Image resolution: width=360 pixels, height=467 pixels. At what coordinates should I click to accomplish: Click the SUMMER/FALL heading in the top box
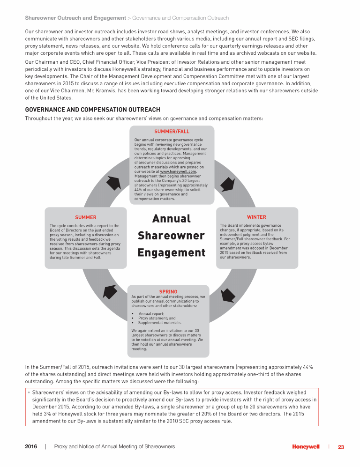[172, 132]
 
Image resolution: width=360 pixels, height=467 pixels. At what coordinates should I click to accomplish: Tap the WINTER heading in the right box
[256, 217]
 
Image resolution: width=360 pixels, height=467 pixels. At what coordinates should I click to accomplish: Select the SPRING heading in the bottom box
[168, 292]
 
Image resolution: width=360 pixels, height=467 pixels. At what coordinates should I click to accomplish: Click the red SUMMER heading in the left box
[86, 217]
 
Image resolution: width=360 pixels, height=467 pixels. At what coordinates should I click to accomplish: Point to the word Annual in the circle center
[172, 219]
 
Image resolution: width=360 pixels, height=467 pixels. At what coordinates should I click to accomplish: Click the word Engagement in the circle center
[172, 253]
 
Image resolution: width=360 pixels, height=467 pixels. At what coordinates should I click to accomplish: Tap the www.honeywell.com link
[178, 172]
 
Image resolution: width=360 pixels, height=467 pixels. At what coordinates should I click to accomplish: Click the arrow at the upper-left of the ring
[113, 182]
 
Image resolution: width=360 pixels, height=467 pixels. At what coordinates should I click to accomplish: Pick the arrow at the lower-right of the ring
[228, 295]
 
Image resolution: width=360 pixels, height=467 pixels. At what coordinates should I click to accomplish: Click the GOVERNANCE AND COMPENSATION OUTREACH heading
[92, 110]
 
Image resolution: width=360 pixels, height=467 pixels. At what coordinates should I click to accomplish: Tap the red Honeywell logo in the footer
[306, 447]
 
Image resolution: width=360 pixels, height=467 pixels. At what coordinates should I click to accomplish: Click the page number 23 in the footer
[341, 447]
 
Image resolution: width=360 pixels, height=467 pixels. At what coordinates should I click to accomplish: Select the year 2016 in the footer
[31, 447]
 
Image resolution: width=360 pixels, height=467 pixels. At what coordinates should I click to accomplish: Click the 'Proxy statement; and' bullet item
[157, 318]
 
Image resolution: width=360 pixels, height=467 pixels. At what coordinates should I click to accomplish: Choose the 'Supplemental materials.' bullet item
[159, 323]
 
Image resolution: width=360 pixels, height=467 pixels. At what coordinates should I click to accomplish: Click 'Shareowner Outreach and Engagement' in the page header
[75, 18]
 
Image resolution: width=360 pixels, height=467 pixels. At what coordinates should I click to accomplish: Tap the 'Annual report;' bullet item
[151, 313]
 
